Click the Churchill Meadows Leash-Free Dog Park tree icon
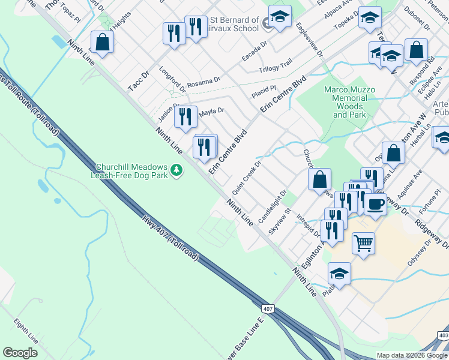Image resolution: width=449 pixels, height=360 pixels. point(176,170)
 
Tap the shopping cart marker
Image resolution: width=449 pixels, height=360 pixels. point(363,244)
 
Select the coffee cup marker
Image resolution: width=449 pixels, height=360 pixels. point(376,203)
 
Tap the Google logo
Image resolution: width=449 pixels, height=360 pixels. point(20,353)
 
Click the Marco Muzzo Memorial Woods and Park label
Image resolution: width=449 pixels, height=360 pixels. point(349,102)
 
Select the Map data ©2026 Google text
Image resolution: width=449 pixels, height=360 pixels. point(411,355)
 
